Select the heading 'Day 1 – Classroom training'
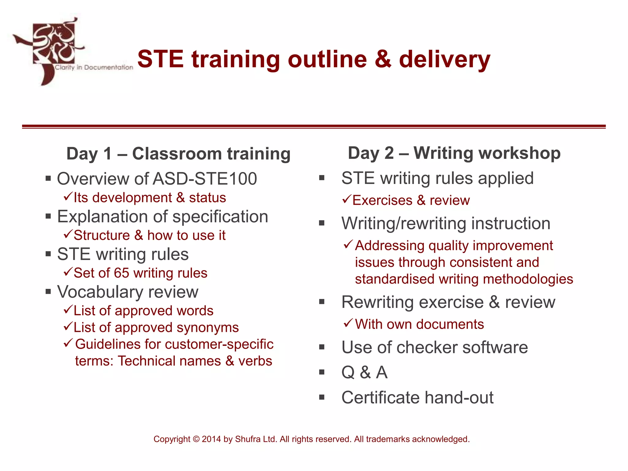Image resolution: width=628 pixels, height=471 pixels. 178,154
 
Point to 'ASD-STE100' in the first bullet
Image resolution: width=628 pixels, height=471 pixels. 205,179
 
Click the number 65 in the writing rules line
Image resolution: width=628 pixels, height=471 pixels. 121,273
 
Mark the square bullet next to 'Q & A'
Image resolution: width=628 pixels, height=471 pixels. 322,372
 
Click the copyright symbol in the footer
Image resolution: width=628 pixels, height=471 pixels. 196,439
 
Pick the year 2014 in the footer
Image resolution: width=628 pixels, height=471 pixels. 211,439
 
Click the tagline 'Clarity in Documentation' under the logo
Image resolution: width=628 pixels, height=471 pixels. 94,67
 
